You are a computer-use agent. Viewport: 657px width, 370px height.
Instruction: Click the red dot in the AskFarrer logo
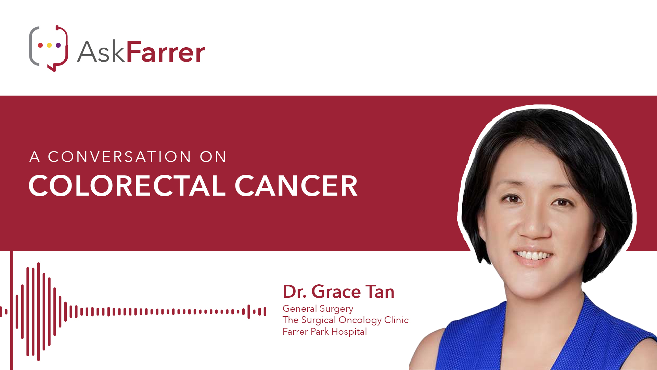pos(40,45)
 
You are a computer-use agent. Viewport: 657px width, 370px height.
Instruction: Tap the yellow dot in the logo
pos(49,45)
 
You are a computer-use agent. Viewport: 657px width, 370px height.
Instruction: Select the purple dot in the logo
pos(58,45)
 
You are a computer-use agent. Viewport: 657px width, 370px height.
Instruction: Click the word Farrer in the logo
pos(166,52)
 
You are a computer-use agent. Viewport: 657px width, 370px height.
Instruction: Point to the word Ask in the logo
pos(101,52)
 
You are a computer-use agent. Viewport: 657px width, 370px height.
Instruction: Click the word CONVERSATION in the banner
pos(119,157)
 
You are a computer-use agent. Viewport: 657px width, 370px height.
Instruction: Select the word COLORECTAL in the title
pos(127,186)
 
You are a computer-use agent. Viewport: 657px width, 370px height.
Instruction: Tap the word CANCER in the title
pos(296,186)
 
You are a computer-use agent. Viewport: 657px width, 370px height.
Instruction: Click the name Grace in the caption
pos(336,292)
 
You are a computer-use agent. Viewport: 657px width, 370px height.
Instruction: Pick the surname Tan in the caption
pos(380,292)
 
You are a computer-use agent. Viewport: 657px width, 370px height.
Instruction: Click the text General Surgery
pos(318,309)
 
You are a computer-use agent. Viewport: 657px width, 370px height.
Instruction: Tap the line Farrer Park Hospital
pos(325,332)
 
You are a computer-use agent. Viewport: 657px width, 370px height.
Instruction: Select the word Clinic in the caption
pos(396,320)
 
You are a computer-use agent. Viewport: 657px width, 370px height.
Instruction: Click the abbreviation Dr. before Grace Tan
pos(295,292)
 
